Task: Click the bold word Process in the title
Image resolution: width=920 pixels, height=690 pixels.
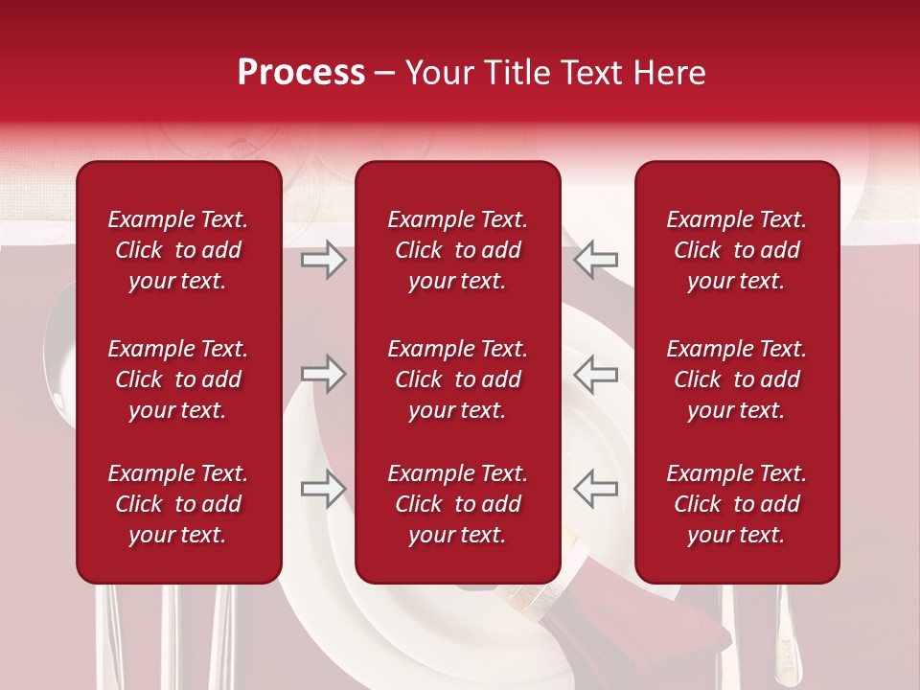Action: point(301,73)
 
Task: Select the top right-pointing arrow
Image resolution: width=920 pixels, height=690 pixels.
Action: point(324,260)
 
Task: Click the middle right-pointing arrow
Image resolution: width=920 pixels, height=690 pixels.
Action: point(324,374)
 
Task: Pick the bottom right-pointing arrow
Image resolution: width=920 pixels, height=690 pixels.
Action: point(324,488)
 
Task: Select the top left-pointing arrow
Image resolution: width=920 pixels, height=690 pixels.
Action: point(595,260)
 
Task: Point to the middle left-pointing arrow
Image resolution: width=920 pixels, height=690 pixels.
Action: point(595,374)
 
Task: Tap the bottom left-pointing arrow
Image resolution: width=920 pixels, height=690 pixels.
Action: point(595,488)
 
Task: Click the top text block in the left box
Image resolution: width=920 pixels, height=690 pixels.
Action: point(178,250)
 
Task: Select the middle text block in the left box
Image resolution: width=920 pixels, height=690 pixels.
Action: point(178,379)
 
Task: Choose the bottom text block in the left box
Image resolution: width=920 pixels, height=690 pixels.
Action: point(178,504)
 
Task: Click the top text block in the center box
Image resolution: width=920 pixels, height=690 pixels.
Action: point(457,250)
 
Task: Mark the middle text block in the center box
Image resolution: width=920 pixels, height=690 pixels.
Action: point(457,379)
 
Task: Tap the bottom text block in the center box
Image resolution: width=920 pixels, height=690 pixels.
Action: point(457,504)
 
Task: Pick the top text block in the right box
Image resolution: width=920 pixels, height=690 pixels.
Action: point(736,250)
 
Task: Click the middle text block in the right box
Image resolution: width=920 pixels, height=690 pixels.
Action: point(736,379)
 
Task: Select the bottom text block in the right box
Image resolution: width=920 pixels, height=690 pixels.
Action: point(736,504)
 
